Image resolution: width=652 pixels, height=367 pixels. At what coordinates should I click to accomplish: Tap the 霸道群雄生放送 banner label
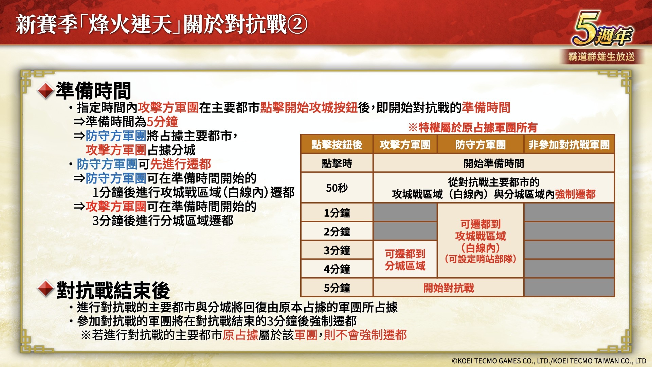tap(601, 56)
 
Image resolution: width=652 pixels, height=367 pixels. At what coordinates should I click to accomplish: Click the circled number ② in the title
tap(297, 24)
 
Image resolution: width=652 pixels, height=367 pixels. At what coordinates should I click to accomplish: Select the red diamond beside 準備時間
tap(46, 91)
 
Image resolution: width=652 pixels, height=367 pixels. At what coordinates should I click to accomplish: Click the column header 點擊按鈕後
tap(337, 145)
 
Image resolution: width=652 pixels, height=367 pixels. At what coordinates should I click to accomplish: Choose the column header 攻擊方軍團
tap(405, 145)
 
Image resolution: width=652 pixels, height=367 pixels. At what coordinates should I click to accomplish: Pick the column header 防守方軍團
tap(481, 145)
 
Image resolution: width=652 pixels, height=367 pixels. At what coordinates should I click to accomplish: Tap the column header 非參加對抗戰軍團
tap(569, 145)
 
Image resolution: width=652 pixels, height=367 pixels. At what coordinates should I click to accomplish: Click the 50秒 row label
tap(337, 188)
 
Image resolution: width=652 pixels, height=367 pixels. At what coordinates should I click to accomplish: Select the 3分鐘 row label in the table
tap(337, 250)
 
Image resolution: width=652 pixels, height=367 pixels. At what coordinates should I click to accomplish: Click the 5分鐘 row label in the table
tap(337, 288)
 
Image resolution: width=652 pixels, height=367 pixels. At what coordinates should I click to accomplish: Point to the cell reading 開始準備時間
tap(494, 163)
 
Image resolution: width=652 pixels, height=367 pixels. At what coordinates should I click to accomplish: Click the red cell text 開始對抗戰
tap(449, 288)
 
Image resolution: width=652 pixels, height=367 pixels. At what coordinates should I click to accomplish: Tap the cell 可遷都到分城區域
tap(405, 260)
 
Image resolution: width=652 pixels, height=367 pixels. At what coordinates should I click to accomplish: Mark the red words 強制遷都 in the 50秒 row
tap(575, 194)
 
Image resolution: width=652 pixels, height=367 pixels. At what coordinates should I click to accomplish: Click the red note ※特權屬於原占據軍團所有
tap(473, 127)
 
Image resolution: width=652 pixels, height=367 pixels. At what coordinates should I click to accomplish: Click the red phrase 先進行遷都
tap(181, 164)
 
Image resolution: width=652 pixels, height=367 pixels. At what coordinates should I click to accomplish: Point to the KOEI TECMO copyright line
tap(549, 361)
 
